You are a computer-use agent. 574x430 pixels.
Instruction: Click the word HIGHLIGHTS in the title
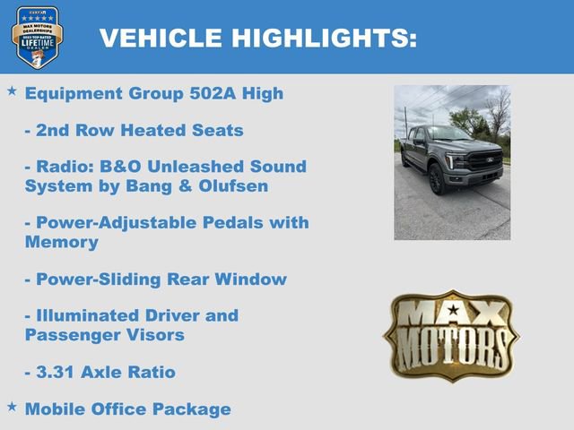point(324,38)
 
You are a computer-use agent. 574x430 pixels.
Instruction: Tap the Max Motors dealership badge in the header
point(37,37)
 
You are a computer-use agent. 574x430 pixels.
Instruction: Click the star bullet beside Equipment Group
point(12,91)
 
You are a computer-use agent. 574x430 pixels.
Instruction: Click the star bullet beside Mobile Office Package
point(12,407)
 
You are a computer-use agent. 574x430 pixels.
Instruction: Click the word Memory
point(62,242)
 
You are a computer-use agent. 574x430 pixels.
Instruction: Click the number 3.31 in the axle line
point(57,372)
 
